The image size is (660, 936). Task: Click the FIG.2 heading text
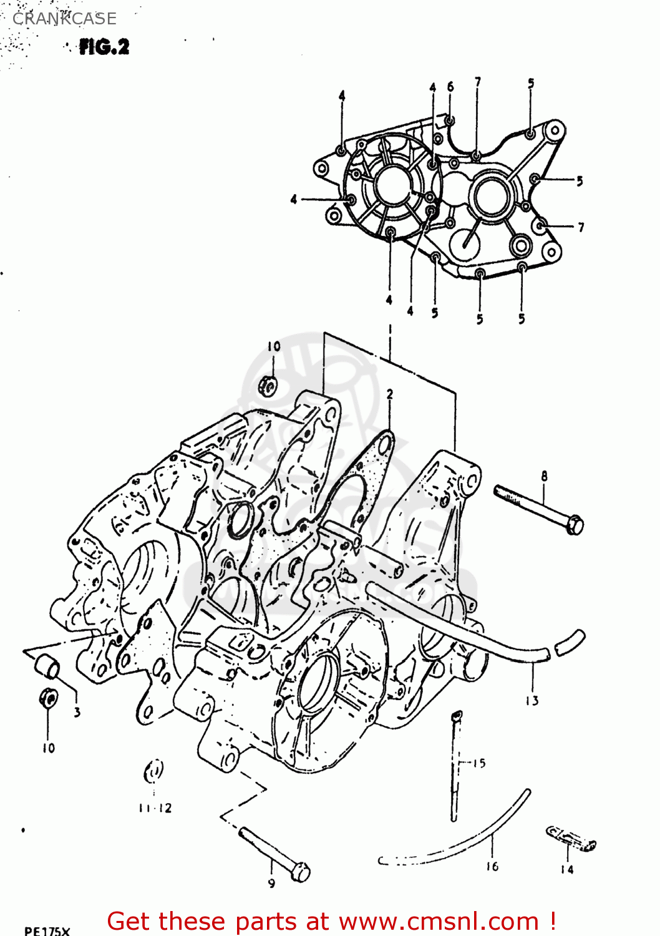click(104, 47)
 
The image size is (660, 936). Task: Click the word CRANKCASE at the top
click(64, 19)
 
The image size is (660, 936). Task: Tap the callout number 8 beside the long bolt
click(544, 476)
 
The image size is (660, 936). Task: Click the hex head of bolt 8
click(575, 525)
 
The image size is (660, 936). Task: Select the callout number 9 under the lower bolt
click(271, 884)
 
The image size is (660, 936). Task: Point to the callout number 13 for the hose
click(531, 701)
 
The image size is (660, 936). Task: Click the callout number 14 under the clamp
click(566, 870)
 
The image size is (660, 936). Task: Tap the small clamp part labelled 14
click(571, 839)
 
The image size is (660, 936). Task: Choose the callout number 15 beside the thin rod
click(478, 763)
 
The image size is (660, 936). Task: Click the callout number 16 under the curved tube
click(492, 867)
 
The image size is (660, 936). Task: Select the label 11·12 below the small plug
click(155, 808)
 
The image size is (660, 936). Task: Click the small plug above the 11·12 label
click(153, 772)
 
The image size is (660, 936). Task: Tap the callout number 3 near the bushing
click(77, 712)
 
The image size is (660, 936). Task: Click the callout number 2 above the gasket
click(390, 394)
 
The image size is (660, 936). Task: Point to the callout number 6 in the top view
click(450, 87)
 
